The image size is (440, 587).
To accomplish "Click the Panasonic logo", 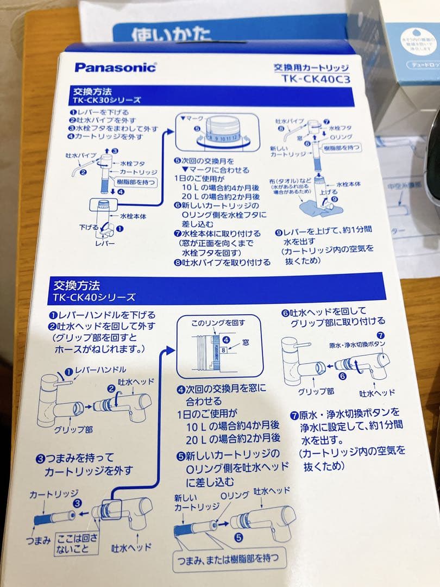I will tap(115, 67).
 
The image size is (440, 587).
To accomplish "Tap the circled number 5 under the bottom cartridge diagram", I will tap(237, 538).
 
